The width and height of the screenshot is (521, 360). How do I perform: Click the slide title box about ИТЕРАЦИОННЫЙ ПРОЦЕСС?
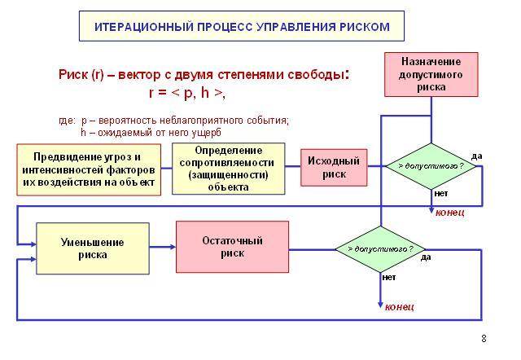pos(242,26)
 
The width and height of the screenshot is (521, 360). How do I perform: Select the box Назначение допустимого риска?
pos(431,74)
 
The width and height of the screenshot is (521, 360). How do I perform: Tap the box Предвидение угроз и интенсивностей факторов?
pos(89,169)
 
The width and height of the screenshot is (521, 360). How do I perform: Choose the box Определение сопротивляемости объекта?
pos(229,169)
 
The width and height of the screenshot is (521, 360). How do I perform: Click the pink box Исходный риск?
pos(334,167)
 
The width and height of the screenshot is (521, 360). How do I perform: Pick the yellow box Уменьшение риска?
pos(93,248)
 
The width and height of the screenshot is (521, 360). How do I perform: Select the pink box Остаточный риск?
pos(232,247)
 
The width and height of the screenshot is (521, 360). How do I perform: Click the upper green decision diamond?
pos(431,166)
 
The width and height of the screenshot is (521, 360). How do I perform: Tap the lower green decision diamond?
pos(380,249)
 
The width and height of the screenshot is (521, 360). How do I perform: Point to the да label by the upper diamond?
pos(476,156)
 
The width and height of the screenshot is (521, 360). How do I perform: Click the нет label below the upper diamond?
pos(441,193)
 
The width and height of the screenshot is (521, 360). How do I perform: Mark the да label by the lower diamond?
pos(426,257)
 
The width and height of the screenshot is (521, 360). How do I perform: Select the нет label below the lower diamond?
pos(389,277)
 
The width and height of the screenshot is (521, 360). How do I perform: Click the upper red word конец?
pos(450,213)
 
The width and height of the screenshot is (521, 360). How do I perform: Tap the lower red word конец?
pos(400,306)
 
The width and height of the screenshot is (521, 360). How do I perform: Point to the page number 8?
pos(484,339)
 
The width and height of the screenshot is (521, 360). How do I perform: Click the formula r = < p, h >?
pos(187,92)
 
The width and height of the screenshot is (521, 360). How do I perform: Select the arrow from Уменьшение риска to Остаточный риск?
pos(163,247)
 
